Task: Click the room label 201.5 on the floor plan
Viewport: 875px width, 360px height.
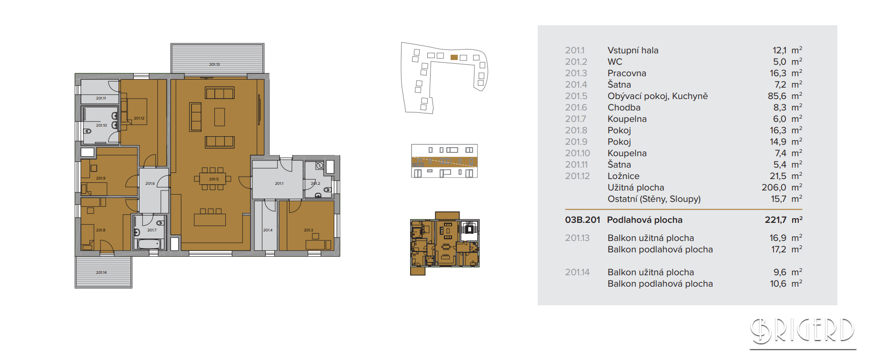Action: click(214, 180)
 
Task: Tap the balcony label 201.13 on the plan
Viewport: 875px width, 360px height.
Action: click(214, 64)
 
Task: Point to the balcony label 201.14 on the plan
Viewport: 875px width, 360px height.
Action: click(101, 272)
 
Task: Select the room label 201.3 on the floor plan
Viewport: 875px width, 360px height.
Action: click(309, 230)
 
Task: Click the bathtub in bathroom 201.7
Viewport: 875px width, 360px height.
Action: click(149, 244)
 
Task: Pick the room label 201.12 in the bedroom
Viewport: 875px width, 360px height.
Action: click(139, 118)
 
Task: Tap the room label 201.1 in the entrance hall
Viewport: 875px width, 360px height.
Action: click(279, 183)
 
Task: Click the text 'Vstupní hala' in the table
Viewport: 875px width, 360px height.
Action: click(633, 50)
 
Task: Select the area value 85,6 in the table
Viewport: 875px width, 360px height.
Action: click(777, 96)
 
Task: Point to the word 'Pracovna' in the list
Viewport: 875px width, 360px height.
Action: click(627, 73)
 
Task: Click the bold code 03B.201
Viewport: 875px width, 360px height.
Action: click(583, 220)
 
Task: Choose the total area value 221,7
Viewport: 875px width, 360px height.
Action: click(775, 220)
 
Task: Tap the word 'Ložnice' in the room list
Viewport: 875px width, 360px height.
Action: click(624, 176)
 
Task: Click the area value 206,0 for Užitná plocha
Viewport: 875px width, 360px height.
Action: click(774, 188)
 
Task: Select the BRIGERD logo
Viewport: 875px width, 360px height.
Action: click(803, 331)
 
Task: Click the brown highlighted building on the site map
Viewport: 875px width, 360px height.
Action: click(454, 57)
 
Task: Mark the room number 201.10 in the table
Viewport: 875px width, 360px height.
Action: click(577, 153)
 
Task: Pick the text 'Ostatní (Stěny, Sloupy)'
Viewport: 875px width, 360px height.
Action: click(654, 199)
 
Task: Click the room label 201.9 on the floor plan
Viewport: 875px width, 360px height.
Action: click(101, 178)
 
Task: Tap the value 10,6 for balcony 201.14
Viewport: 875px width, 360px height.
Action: click(778, 284)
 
